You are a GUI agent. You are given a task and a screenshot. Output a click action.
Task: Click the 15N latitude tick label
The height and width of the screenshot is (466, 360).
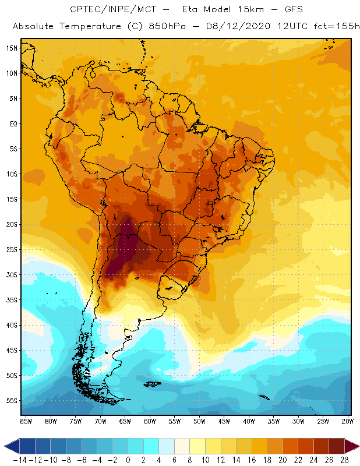pos(11,48)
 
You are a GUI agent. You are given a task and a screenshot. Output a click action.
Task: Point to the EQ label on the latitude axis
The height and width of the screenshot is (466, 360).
pos(12,123)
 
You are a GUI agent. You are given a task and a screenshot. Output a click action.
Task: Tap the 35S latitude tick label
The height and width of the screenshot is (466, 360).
pos(11,300)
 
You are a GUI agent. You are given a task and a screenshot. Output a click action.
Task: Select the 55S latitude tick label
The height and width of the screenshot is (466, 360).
pos(11,401)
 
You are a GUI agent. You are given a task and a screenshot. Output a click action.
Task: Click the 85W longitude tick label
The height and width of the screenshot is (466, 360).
pos(26,421)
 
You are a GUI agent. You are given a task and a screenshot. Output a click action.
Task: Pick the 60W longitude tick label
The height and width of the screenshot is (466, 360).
pos(150,421)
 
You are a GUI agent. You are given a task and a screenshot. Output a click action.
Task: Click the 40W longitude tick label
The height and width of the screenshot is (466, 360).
pos(249,421)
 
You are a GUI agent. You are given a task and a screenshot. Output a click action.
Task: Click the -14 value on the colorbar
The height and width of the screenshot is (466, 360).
pos(20,460)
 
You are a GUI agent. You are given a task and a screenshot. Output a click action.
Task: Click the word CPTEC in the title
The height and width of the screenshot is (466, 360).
pos(84,10)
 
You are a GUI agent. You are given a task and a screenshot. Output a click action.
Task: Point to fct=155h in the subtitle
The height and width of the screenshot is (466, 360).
pos(336,27)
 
